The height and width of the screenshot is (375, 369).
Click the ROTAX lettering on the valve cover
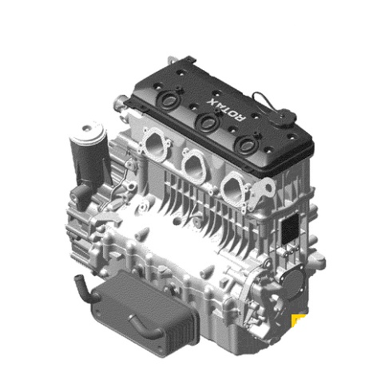227,109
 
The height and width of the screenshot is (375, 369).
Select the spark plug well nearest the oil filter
169,99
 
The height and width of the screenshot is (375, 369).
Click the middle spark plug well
208,121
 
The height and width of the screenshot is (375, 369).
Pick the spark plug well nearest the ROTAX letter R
247,144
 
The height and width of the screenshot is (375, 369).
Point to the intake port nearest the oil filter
156,144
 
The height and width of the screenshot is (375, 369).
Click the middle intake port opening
194,164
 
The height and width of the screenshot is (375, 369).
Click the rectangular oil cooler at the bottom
145,313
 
